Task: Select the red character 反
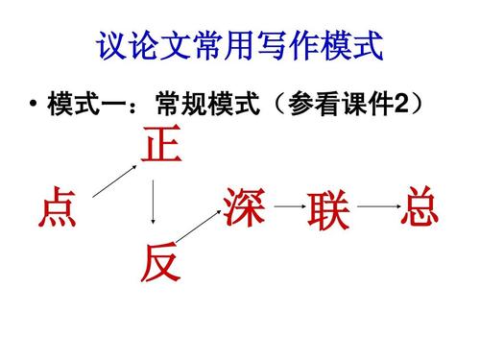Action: [x=159, y=262]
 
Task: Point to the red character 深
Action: [x=244, y=204]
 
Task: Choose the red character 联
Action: [x=328, y=210]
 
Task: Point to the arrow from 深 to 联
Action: [x=286, y=206]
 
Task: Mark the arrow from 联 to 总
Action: [x=378, y=205]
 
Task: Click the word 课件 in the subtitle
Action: [x=366, y=103]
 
